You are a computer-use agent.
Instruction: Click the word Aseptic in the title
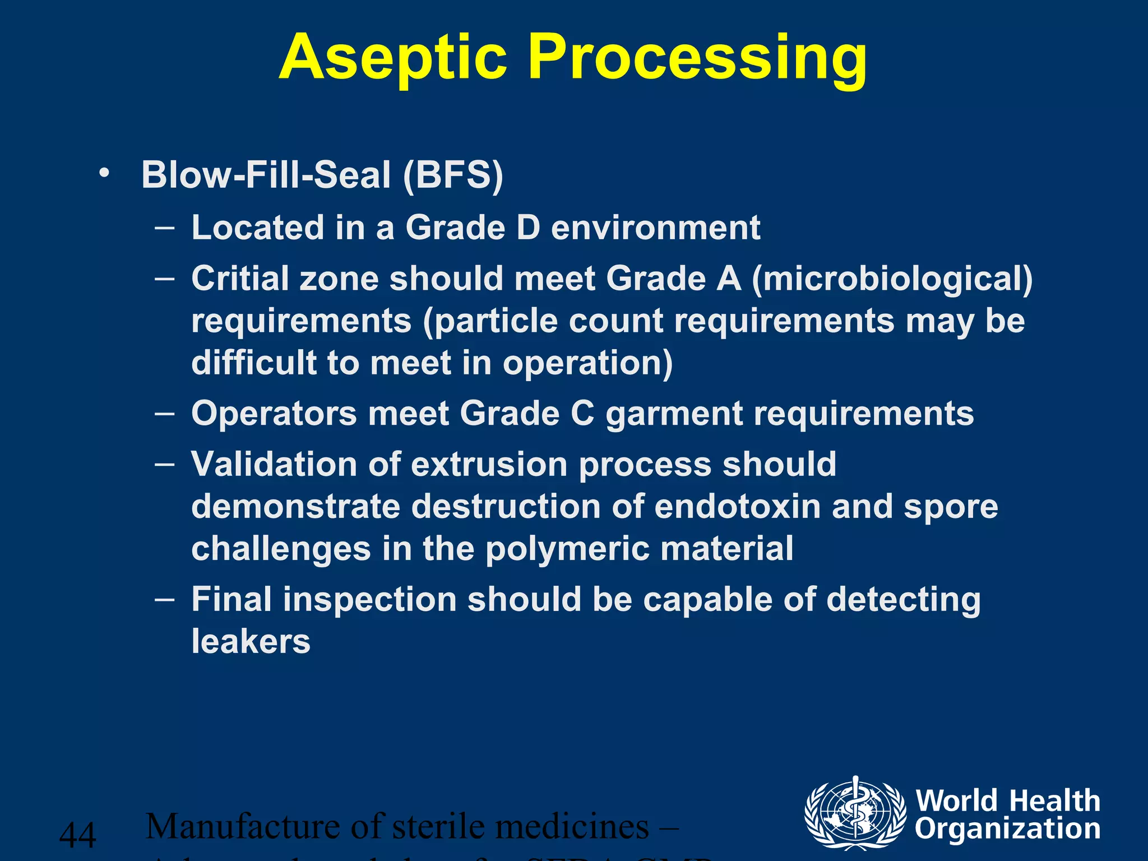point(392,58)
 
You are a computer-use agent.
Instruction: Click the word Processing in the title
point(697,58)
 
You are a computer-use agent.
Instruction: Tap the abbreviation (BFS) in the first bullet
point(453,175)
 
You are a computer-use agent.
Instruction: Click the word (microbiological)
point(892,279)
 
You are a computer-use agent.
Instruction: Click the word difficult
point(253,363)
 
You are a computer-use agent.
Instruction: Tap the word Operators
point(274,414)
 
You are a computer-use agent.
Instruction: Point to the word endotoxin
point(737,506)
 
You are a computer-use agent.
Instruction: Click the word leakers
point(251,641)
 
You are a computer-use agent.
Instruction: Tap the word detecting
point(904,600)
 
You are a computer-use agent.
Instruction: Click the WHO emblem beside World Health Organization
point(855,812)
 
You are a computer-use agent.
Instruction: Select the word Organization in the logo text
point(1007,828)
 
